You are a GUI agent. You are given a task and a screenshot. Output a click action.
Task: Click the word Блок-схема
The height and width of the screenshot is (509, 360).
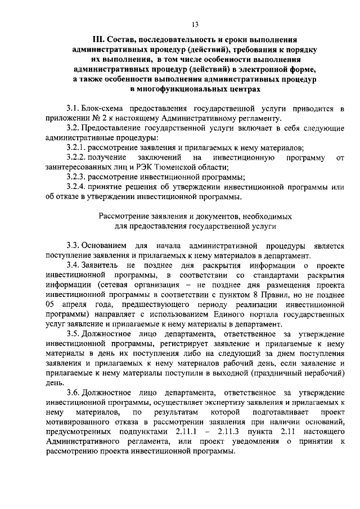[101, 108]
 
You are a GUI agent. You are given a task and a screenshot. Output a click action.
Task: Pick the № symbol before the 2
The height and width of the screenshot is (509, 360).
[89, 118]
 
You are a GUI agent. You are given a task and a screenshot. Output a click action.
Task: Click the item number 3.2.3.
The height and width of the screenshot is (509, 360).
[76, 177]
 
